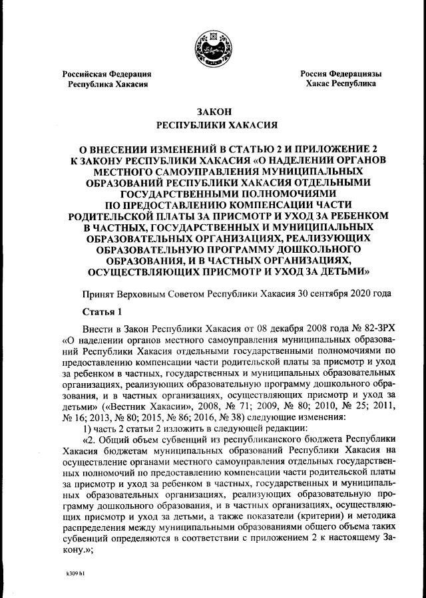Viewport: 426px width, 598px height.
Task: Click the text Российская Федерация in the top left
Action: [106, 74]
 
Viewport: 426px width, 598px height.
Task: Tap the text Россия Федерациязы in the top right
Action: [341, 74]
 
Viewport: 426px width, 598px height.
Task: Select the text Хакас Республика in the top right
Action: [341, 84]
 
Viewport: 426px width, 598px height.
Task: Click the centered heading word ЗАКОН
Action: [212, 111]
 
